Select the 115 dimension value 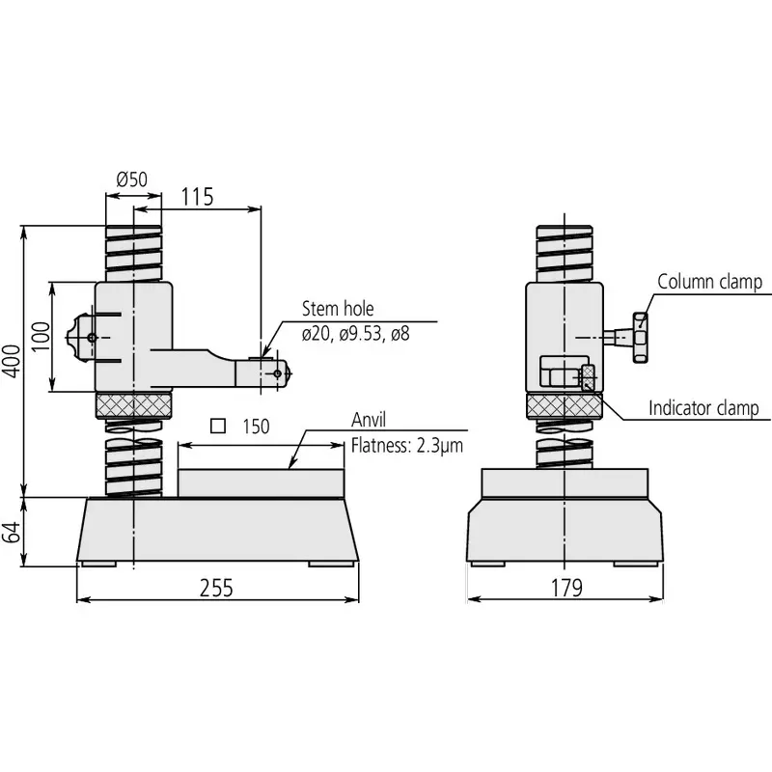point(197,197)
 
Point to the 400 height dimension point(11,361)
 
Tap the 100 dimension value point(40,336)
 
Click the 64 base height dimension point(11,531)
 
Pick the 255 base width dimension point(216,588)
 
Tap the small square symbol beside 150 point(218,425)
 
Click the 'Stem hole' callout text point(337,310)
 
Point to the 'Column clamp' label point(709,282)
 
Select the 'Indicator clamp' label point(703,408)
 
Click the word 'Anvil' point(369,421)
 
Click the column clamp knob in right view point(638,338)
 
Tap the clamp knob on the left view point(76,337)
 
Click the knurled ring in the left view point(134,405)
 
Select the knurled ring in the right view point(565,407)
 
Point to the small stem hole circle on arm point(278,372)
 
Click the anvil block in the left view point(261,482)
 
